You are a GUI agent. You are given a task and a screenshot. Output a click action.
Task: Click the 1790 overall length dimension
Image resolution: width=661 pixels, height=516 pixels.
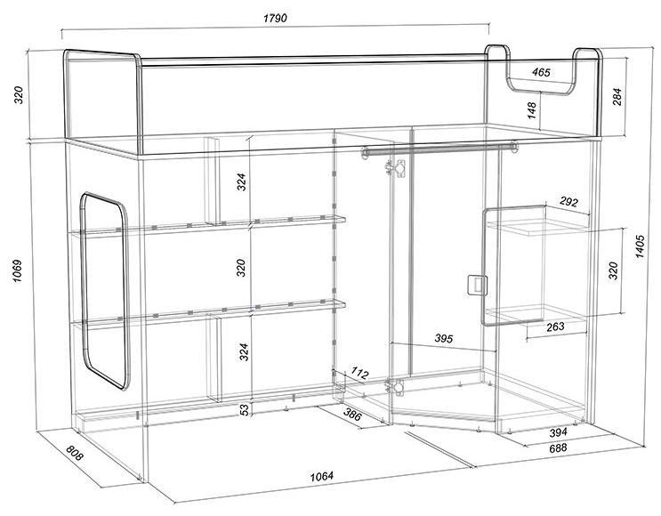point(275,18)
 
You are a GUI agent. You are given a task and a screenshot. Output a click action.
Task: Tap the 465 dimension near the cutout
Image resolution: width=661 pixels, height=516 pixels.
point(541,73)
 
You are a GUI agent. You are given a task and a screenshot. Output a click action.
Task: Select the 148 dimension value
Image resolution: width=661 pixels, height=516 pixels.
point(532,109)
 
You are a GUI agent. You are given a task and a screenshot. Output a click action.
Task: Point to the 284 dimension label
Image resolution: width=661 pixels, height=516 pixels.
point(617,97)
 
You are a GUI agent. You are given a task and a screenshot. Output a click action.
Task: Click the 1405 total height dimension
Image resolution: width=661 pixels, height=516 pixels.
point(640,246)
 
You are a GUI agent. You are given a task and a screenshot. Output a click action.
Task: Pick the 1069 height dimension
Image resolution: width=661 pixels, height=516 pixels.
point(17,270)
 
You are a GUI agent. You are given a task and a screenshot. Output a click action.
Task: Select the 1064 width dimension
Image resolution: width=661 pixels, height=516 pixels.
point(322,476)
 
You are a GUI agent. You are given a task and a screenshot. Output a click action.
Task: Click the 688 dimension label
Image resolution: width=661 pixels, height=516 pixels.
point(558,447)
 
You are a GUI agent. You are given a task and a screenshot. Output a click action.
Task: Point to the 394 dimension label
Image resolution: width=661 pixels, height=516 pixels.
point(558,432)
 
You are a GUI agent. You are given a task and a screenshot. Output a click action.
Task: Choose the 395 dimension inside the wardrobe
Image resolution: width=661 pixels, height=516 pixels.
point(443,338)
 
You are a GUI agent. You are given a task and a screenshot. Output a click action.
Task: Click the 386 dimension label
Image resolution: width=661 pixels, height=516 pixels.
point(352,415)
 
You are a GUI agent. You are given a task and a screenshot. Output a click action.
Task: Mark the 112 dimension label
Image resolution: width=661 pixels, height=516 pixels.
point(359,373)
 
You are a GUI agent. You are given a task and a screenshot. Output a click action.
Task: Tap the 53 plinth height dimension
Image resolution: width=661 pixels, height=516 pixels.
point(245,409)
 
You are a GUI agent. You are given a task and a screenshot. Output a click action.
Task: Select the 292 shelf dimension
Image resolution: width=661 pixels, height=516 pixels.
point(568,202)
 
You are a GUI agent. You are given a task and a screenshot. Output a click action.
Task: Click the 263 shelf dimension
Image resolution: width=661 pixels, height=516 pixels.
point(555,327)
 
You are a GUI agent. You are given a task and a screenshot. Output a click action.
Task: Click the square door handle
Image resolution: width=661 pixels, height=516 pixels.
point(477,284)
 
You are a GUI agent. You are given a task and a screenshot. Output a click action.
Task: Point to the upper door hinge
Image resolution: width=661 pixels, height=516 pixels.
point(395,168)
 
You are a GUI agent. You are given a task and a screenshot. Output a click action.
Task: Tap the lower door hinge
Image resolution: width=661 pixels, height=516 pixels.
point(395,386)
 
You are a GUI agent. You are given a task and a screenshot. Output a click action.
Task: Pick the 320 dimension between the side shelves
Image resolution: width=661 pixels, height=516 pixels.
point(613,270)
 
